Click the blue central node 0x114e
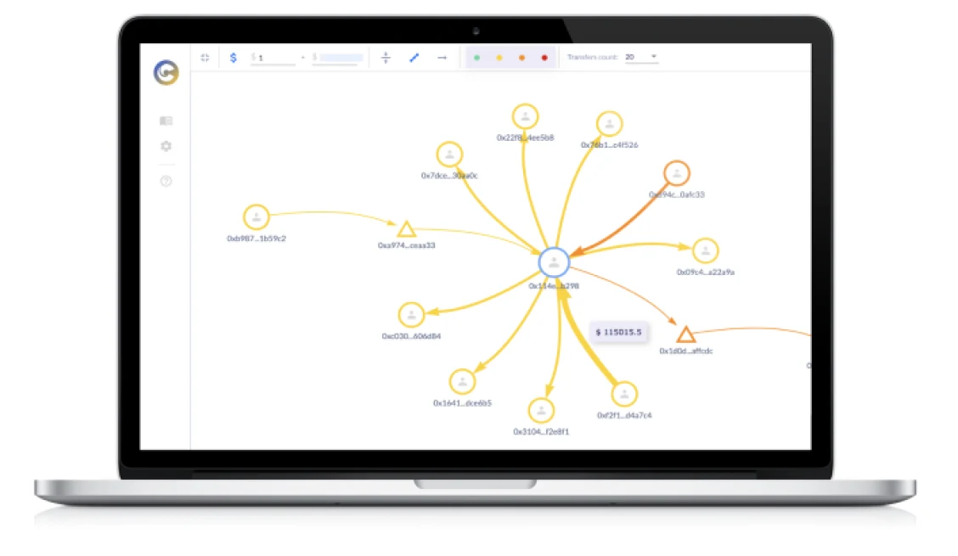[x=554, y=263]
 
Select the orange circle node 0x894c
[x=676, y=174]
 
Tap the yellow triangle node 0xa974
[x=406, y=229]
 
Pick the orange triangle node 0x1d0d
[x=685, y=335]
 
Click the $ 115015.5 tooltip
[x=619, y=332]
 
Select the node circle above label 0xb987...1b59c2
[x=256, y=217]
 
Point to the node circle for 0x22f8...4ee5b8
[x=526, y=117]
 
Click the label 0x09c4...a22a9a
[x=705, y=272]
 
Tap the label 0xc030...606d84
[x=411, y=336]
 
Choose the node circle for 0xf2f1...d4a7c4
[x=624, y=394]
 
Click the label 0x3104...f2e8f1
[x=541, y=432]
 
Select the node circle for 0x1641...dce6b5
[x=462, y=381]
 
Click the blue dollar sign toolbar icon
[x=234, y=58]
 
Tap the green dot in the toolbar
[x=476, y=58]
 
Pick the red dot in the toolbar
[x=544, y=58]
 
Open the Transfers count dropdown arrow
[x=654, y=57]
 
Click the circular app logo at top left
[x=166, y=73]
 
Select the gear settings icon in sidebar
[x=166, y=146]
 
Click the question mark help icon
[x=166, y=181]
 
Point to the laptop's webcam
[x=476, y=31]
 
